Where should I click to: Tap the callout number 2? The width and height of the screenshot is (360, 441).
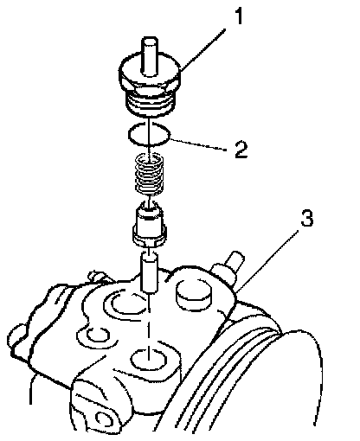click(x=241, y=150)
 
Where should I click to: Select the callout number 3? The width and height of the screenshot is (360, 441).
click(x=306, y=218)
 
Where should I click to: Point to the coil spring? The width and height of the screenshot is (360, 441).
click(x=150, y=174)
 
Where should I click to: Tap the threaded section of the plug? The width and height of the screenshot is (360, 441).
click(x=150, y=103)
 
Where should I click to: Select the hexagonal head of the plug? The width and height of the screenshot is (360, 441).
click(x=150, y=72)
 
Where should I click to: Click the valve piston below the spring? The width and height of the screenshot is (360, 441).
click(x=149, y=224)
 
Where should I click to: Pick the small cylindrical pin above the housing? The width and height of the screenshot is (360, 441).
click(x=150, y=272)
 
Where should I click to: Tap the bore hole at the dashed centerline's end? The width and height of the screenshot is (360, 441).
click(x=149, y=360)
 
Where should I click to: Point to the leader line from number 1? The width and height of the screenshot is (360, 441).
click(x=202, y=48)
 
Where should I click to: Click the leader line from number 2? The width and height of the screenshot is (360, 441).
click(x=197, y=144)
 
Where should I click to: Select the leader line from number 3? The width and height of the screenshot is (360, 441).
click(x=267, y=260)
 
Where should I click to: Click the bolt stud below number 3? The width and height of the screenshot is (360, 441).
click(x=227, y=265)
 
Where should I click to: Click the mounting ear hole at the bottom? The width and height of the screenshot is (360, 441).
click(x=103, y=419)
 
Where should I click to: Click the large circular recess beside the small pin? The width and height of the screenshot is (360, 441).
click(x=125, y=304)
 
